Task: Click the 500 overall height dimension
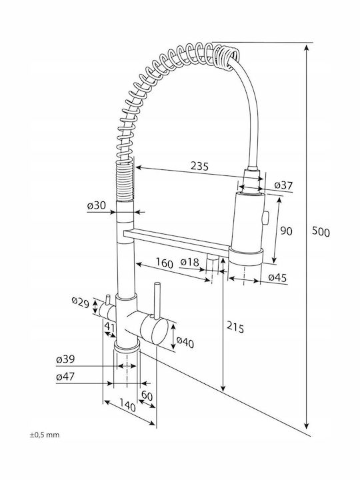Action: (x=321, y=232)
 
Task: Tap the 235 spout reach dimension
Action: (x=199, y=166)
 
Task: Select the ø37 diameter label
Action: (x=283, y=185)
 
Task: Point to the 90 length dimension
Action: (x=286, y=231)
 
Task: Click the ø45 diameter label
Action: (x=277, y=277)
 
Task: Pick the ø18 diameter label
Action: (x=190, y=262)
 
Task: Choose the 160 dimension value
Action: (x=165, y=263)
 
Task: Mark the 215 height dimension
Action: (x=235, y=327)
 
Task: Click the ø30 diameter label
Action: (x=97, y=205)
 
